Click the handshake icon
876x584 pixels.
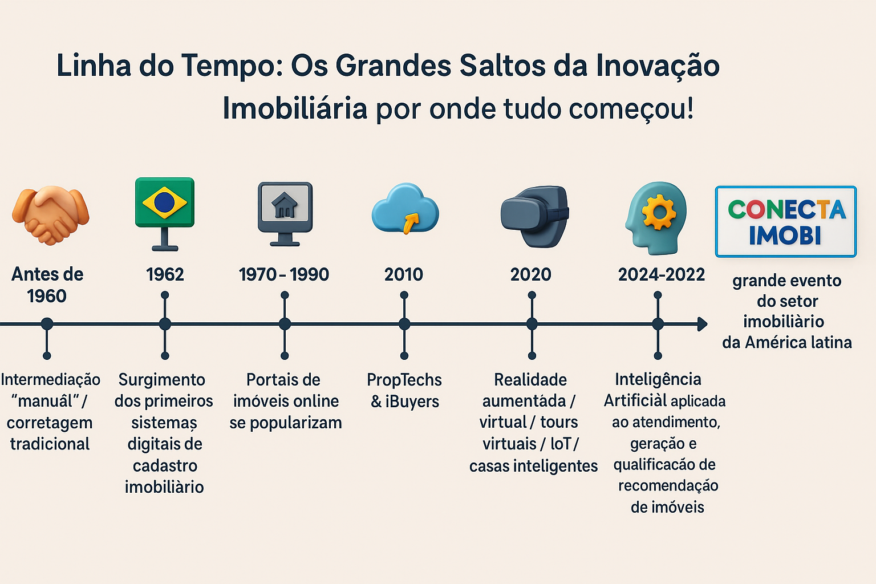tap(50, 216)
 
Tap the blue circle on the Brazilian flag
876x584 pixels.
tap(164, 202)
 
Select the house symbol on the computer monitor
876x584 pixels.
tap(285, 205)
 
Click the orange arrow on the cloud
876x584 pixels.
tap(411, 223)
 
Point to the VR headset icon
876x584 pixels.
tap(535, 216)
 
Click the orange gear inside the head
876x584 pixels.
tap(659, 212)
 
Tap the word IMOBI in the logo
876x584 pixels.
tap(785, 236)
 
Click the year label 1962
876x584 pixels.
tap(165, 274)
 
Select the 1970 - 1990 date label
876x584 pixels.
tap(284, 274)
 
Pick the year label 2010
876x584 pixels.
tap(404, 274)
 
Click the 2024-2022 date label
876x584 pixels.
tap(662, 274)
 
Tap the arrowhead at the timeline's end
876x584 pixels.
tap(703, 324)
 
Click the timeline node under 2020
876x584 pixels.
tap(532, 324)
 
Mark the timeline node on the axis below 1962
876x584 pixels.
tap(165, 324)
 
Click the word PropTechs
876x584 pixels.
tap(404, 380)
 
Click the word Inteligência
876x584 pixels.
tap(658, 379)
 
